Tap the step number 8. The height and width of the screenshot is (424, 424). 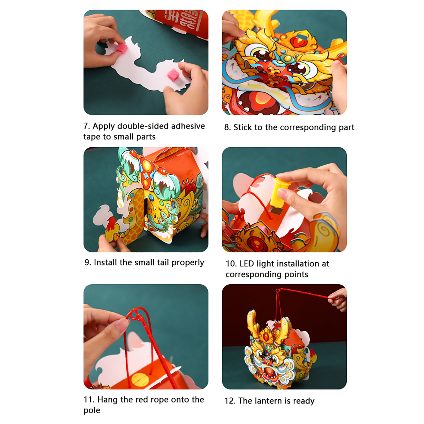pyautogui.click(x=227, y=127)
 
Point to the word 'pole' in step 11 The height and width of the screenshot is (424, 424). pyautogui.click(x=92, y=410)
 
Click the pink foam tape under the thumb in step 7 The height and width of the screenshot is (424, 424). pyautogui.click(x=121, y=48)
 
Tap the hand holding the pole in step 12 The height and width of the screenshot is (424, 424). pyautogui.click(x=338, y=299)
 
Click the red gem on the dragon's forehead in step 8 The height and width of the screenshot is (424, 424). pyautogui.click(x=297, y=41)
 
